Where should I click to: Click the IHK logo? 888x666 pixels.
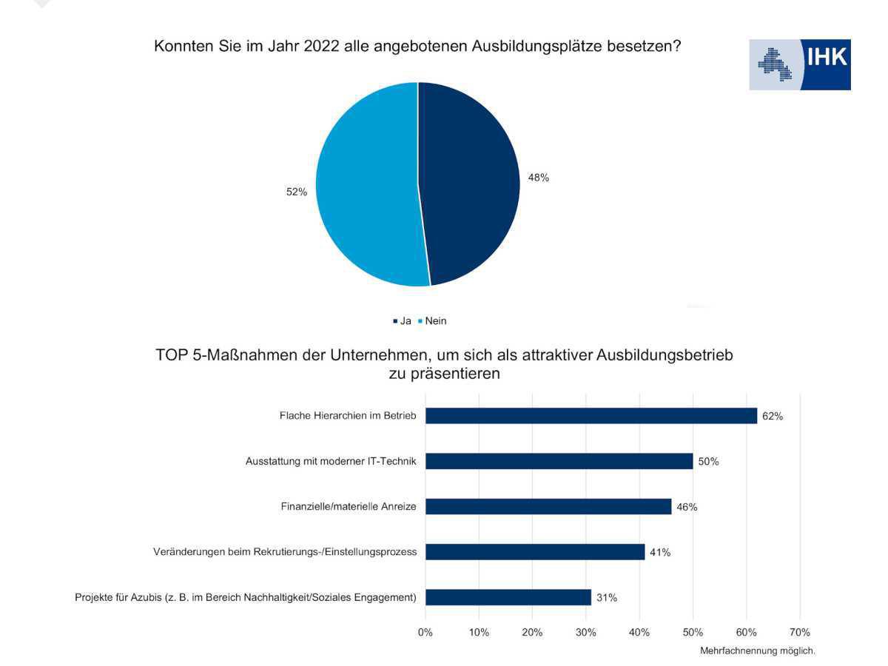(x=800, y=65)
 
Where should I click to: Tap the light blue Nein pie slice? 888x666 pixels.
(x=366, y=185)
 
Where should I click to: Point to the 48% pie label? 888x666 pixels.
(x=538, y=178)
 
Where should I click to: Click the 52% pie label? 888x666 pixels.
(x=297, y=192)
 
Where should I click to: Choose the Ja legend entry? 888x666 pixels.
(x=403, y=321)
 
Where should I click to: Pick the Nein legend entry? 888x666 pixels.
(x=433, y=321)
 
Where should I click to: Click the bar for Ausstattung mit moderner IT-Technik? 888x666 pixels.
(x=559, y=461)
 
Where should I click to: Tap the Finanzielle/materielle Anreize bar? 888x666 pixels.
(x=548, y=507)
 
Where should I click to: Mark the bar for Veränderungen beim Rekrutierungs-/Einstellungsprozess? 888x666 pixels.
(x=534, y=552)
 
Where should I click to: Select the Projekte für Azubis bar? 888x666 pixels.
(x=508, y=597)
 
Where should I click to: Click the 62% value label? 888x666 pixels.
(x=773, y=416)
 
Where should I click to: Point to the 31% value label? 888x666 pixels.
(x=607, y=597)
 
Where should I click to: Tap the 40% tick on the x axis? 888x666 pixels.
(x=639, y=633)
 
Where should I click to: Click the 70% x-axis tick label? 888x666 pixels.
(x=799, y=633)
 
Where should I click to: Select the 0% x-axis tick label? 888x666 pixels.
(x=425, y=633)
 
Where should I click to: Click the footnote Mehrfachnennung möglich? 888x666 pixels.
(x=758, y=651)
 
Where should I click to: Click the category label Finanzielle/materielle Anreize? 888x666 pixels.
(x=349, y=507)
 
